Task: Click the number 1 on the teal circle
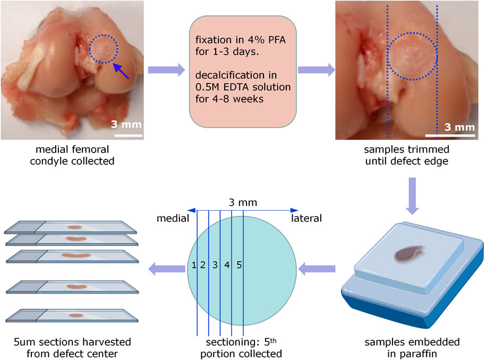(194, 265)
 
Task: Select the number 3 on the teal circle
(215, 265)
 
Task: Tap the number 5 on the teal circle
(239, 265)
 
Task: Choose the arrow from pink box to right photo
(317, 70)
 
